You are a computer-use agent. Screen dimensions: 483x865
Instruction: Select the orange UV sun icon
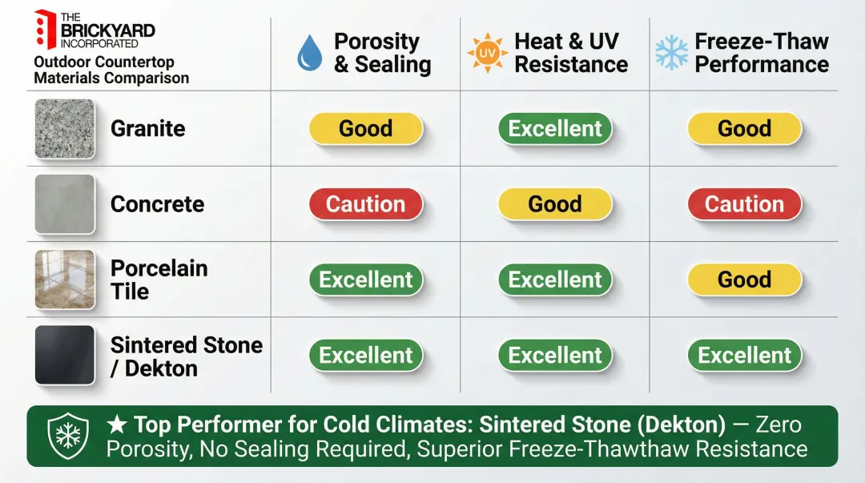pos(487,54)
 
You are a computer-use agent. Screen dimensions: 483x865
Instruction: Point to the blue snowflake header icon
pos(671,53)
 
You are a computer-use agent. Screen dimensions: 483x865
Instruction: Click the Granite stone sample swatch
pos(65,128)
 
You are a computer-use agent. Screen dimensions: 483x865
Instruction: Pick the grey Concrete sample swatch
pos(65,204)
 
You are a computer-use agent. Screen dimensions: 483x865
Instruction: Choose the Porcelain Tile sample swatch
pos(65,280)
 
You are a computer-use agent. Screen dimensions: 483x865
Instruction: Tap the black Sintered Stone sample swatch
pos(65,355)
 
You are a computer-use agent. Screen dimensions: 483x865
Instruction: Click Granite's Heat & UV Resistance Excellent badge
pos(555,128)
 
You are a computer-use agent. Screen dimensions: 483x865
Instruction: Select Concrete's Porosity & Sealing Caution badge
pos(366,204)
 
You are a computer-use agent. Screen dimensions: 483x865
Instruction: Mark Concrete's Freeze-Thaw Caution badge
pos(744,204)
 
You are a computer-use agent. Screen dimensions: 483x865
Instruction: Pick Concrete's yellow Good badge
pos(555,204)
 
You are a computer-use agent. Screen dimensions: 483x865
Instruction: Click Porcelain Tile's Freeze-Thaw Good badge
pos(744,280)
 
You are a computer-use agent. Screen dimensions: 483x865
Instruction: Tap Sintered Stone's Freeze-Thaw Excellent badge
pos(744,355)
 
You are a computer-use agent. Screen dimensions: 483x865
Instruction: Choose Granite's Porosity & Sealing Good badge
pos(366,128)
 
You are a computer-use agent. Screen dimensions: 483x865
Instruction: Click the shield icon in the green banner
pos(68,436)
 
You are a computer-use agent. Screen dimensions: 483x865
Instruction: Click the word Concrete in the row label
pos(157,204)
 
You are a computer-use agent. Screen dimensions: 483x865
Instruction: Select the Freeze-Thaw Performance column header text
pos(761,53)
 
